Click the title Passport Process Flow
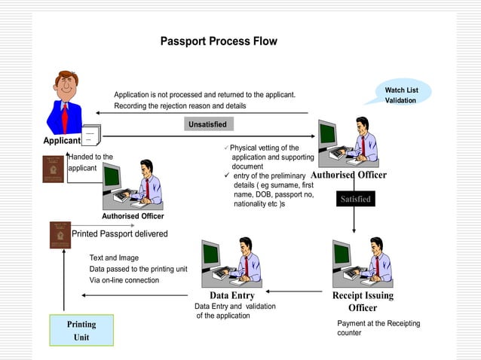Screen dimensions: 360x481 pos(219,41)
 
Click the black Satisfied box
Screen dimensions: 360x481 pos(355,199)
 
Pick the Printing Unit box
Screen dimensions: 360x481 pos(81,331)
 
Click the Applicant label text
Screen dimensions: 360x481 pos(61,141)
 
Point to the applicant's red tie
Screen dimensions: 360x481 pos(66,117)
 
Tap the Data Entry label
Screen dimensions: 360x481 pos(231,295)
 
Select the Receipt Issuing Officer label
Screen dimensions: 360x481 pos(362,301)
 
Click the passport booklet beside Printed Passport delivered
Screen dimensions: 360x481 pos(60,235)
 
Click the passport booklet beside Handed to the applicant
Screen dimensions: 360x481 pos(53,169)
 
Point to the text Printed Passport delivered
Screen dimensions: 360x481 pos(120,233)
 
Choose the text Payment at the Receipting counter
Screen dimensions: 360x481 pos(378,328)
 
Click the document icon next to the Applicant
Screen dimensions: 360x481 pos(90,136)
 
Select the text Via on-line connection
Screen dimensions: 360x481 pos(124,280)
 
